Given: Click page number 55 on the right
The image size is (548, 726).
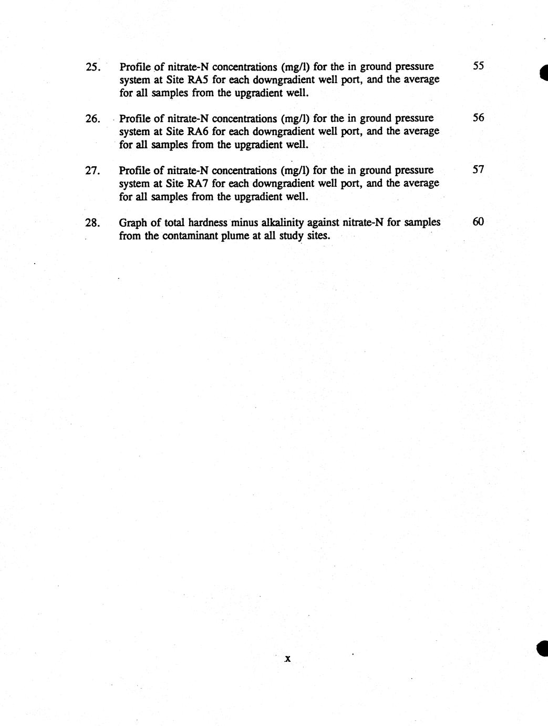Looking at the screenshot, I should pyautogui.click(x=478, y=66).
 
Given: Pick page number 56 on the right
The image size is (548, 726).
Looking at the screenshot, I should pyautogui.click(x=478, y=118).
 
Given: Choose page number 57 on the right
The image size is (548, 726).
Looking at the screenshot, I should pyautogui.click(x=478, y=169).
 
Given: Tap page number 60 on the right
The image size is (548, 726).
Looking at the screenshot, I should pyautogui.click(x=478, y=221).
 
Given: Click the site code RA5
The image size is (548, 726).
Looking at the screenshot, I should pyautogui.click(x=199, y=80).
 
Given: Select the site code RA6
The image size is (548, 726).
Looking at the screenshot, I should pyautogui.click(x=199, y=132).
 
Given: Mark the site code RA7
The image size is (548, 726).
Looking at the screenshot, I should pyautogui.click(x=199, y=183).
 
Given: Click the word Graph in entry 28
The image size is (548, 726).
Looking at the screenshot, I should pyautogui.click(x=133, y=223).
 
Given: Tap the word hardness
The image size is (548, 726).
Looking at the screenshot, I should pyautogui.click(x=207, y=222).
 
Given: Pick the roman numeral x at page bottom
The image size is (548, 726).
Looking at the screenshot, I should pyautogui.click(x=287, y=658).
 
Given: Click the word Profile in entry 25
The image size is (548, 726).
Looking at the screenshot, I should pyautogui.click(x=135, y=67).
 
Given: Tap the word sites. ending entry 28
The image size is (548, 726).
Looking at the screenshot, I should pyautogui.click(x=318, y=235).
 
